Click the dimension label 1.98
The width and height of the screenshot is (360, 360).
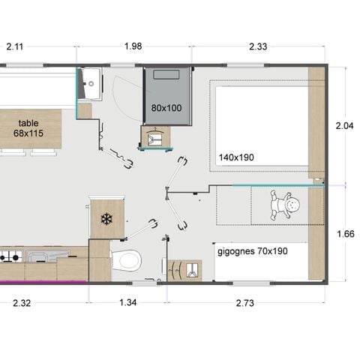[133, 46]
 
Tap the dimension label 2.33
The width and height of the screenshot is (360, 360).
[257, 46]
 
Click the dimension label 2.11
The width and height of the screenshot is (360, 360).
[15, 46]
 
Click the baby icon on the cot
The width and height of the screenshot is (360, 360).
[284, 205]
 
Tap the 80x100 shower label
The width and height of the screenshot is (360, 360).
[166, 107]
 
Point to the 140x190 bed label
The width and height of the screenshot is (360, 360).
[237, 157]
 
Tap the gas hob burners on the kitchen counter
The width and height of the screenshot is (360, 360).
[9, 257]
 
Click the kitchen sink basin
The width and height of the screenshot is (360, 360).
[37, 257]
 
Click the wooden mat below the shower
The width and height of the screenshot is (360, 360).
[157, 137]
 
